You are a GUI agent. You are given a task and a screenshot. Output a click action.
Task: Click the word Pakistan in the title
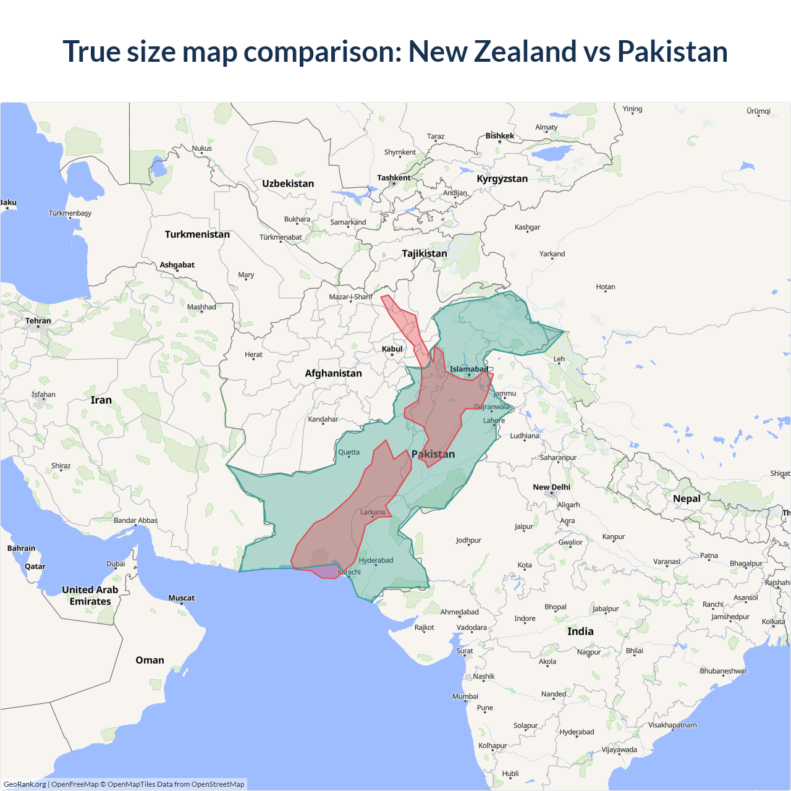672,51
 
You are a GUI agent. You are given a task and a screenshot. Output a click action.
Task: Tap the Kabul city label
392,349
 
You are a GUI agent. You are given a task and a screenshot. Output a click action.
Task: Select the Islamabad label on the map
468,370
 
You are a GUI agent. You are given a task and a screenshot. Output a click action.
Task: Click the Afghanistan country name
333,373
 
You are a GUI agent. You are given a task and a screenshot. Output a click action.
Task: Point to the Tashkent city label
394,178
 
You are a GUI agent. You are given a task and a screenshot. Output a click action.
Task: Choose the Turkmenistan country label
197,234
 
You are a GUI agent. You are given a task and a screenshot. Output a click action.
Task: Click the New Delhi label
551,487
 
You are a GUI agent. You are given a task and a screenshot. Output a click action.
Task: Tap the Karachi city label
349,572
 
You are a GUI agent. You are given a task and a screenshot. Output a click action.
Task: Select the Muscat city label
181,598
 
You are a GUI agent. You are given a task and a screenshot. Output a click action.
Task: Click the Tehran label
38,321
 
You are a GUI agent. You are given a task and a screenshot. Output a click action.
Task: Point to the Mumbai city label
465,696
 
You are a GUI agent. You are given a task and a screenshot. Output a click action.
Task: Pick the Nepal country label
687,499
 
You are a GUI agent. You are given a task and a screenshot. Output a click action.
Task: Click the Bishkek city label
499,136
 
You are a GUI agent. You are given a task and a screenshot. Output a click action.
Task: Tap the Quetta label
349,452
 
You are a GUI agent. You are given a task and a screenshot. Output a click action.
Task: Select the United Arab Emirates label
90,596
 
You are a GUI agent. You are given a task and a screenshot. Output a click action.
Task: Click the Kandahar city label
323,419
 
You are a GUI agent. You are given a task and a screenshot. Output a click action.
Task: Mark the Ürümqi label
758,111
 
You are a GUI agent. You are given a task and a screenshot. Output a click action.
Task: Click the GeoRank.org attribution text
25,784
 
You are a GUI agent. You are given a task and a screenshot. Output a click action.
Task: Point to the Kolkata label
773,622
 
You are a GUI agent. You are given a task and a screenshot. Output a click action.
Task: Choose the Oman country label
150,660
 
